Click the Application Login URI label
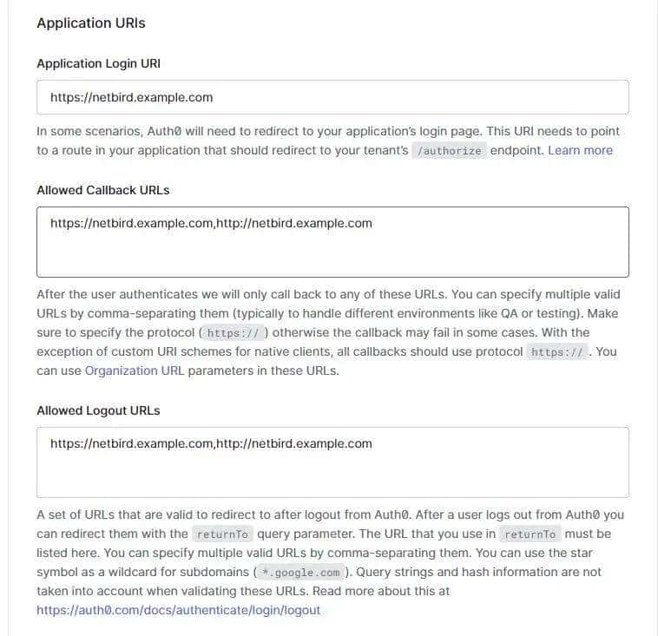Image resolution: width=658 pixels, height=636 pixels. [x=98, y=63]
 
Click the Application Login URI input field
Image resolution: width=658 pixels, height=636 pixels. [x=332, y=97]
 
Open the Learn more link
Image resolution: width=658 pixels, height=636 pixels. [x=580, y=150]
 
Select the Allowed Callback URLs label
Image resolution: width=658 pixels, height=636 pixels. [x=103, y=190]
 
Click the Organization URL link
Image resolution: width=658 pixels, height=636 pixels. [x=134, y=370]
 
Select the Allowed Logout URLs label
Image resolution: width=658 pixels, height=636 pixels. [x=98, y=410]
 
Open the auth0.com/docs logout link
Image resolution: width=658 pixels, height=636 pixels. [x=178, y=610]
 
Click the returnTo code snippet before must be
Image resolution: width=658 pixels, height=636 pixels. [x=531, y=534]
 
